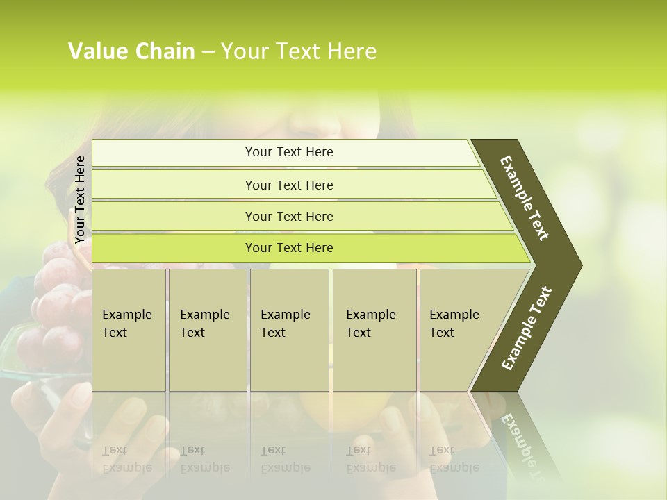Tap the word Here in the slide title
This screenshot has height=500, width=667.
click(x=352, y=51)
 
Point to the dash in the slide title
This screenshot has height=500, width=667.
click(x=208, y=52)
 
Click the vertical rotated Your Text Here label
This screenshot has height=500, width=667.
click(x=80, y=199)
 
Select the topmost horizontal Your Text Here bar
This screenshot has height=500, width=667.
click(x=289, y=152)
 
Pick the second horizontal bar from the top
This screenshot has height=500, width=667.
click(x=289, y=185)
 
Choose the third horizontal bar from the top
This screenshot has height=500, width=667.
click(x=289, y=216)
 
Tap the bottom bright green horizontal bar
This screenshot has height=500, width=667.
click(x=289, y=248)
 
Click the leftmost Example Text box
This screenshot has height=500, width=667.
click(x=129, y=330)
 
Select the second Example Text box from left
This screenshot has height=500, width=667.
click(x=208, y=330)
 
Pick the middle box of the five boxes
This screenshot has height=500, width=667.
click(x=289, y=330)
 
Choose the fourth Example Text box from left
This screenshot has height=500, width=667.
click(x=374, y=330)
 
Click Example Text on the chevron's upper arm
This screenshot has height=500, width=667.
click(x=525, y=198)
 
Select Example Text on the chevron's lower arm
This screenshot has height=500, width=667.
click(x=527, y=328)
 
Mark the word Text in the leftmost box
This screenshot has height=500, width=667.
click(x=115, y=333)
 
